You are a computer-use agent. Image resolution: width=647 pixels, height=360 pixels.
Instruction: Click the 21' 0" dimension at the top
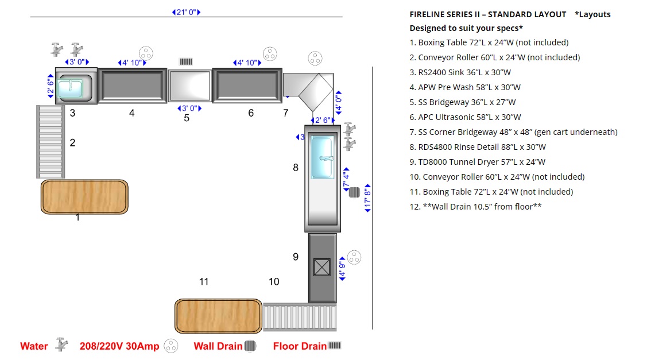click(x=186, y=13)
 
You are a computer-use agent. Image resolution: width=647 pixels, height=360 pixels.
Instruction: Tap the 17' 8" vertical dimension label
click(x=367, y=198)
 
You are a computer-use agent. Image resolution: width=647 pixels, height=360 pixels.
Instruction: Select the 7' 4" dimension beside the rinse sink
click(x=346, y=180)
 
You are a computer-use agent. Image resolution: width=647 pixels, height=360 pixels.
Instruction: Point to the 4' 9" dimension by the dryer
click(x=342, y=269)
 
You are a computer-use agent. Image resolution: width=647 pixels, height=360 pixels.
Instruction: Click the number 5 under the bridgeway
click(x=187, y=118)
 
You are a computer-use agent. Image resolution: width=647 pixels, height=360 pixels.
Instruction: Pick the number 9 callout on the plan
click(x=296, y=257)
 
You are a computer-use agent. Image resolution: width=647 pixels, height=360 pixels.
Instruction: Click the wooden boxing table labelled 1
click(x=84, y=197)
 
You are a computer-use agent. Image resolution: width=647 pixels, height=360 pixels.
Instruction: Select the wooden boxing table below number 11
click(x=218, y=316)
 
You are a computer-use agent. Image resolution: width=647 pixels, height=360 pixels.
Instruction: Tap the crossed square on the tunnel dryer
click(x=321, y=267)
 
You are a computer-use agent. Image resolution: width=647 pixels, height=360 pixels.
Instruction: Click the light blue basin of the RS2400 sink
click(x=70, y=89)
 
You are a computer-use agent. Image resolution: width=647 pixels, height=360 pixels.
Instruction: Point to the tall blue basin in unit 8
click(x=322, y=157)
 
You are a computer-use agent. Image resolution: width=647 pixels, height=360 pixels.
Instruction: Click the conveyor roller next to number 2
click(x=51, y=142)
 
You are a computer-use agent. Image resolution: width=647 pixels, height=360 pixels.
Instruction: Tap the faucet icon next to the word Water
click(x=61, y=344)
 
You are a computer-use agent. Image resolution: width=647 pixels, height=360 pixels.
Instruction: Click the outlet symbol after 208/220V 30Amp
click(x=171, y=346)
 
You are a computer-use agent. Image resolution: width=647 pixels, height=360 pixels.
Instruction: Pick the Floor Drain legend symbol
click(x=335, y=345)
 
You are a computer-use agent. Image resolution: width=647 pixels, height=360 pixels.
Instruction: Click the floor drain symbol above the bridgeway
click(x=185, y=61)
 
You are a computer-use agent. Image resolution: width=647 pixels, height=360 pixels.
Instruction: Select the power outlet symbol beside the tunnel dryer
click(x=354, y=258)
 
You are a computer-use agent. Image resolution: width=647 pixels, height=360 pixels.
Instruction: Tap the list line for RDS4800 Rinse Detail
click(x=478, y=147)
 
